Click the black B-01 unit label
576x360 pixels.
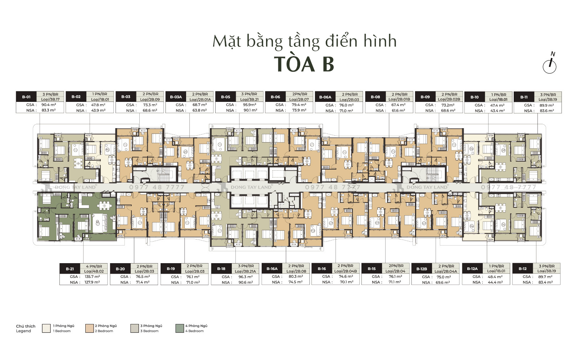coord(26,97)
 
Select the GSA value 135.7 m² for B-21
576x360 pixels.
coord(92,277)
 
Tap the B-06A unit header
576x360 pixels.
coord(325,97)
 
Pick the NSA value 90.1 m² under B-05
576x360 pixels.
coord(250,111)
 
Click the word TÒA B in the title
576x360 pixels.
coord(304,64)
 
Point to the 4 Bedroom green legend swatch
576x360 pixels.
coord(180,328)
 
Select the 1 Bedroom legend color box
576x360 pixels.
coord(46,328)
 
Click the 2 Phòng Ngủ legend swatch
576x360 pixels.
coord(90,328)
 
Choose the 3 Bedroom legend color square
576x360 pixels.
coord(135,328)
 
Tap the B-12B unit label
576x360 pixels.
coord(422,269)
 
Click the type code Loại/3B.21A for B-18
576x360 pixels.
coord(245,271)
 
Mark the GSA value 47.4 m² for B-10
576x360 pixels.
coord(497,105)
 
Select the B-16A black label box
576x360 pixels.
coord(272,269)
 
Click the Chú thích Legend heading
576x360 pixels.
coord(26,328)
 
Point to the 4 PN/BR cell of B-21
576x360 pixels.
coord(94,266)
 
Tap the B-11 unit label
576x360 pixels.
coord(524,97)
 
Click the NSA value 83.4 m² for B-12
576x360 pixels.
coord(545,283)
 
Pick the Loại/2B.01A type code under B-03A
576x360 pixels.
coord(200,100)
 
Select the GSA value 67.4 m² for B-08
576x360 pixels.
coord(398,105)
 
